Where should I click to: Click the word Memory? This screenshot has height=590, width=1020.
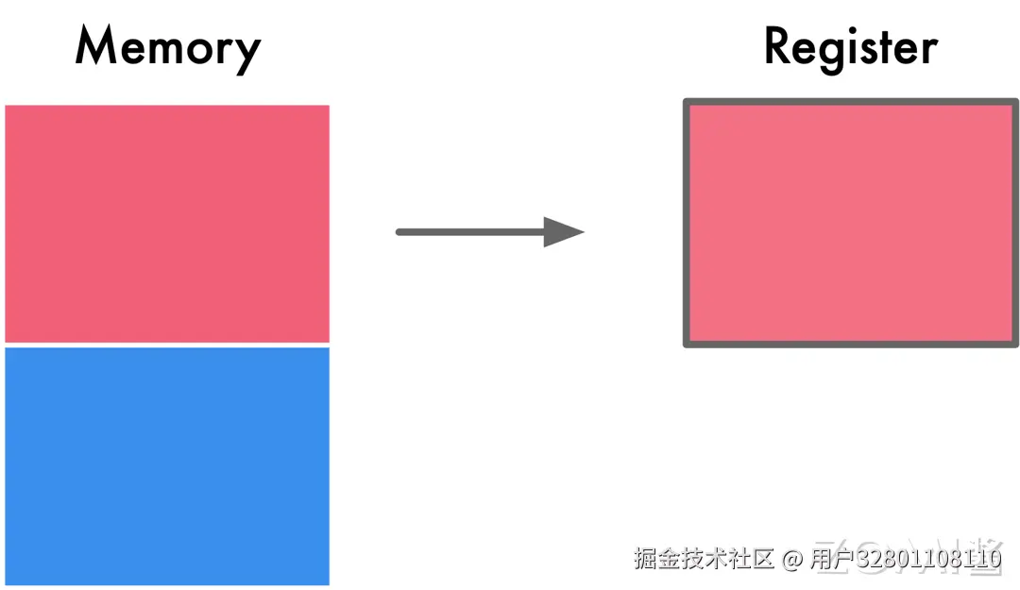pyautogui.click(x=167, y=47)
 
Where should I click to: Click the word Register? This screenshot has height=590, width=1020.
pyautogui.click(x=850, y=47)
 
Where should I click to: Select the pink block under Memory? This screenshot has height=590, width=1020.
pyautogui.click(x=167, y=223)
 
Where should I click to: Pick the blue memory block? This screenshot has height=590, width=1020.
pyautogui.click(x=167, y=465)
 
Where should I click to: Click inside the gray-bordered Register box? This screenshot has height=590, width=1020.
pyautogui.click(x=850, y=223)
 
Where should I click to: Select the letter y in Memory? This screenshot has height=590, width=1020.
pyautogui.click(x=246, y=53)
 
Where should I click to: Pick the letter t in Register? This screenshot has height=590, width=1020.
pyautogui.click(x=884, y=48)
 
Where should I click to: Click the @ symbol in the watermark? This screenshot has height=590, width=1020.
pyautogui.click(x=792, y=559)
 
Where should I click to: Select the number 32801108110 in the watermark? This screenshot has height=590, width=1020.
pyautogui.click(x=935, y=559)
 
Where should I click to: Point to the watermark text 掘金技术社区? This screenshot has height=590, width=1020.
pyautogui.click(x=705, y=559)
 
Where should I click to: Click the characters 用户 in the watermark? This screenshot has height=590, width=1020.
pyautogui.click(x=832, y=559)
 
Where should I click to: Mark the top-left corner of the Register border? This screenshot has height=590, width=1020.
pyautogui.click(x=687, y=102)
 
